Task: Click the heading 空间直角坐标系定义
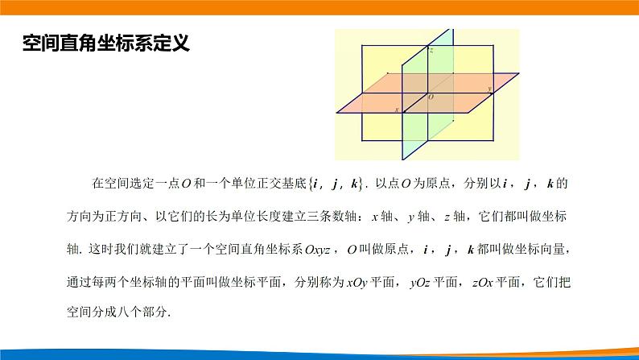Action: [105, 43]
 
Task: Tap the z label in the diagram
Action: [431, 51]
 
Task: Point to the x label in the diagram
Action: [396, 108]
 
